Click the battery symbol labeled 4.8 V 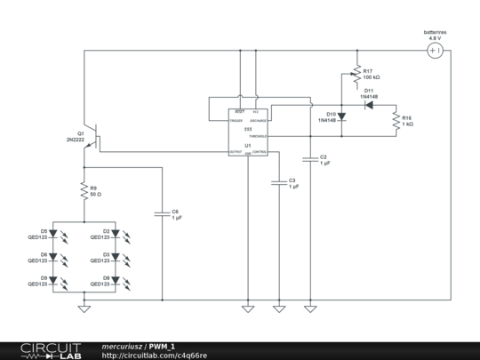(x=435, y=51)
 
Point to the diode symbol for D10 (x=344, y=116)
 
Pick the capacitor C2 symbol (x=310, y=160)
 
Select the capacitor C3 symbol (x=279, y=183)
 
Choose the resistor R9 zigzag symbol (x=84, y=190)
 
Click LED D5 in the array (x=52, y=236)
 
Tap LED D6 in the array (x=52, y=259)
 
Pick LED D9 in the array (x=52, y=282)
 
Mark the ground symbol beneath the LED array (x=84, y=308)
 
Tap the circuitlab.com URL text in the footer (x=155, y=355)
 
